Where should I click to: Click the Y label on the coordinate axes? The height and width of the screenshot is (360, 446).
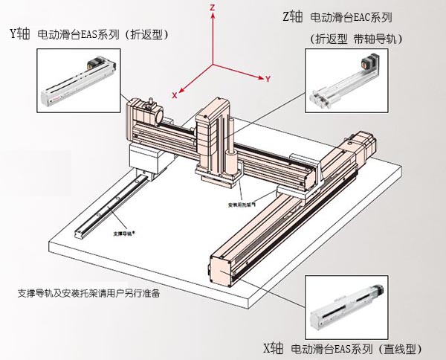(267, 78)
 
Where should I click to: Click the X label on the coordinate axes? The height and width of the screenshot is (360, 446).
(174, 95)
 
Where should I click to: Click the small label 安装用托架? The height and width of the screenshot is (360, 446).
(242, 202)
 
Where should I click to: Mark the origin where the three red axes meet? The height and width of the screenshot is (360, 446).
(213, 66)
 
